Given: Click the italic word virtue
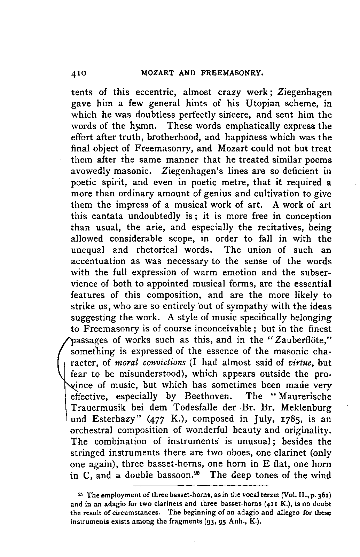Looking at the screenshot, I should click(301, 362).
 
